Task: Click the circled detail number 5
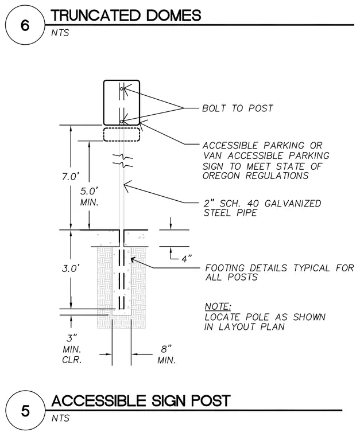pyautogui.click(x=25, y=411)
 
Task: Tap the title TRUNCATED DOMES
pyautogui.click(x=126, y=15)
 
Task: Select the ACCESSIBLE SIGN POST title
pyautogui.click(x=141, y=400)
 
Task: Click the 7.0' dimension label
pyautogui.click(x=71, y=176)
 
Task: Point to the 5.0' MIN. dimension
pyautogui.click(x=90, y=197)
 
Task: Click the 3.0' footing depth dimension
pyautogui.click(x=71, y=268)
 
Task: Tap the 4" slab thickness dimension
pyautogui.click(x=187, y=259)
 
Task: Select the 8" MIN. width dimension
pyautogui.click(x=167, y=355)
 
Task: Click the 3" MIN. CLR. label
pyautogui.click(x=72, y=349)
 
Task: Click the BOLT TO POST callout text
pyautogui.click(x=238, y=108)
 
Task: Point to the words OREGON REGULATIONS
pyautogui.click(x=256, y=176)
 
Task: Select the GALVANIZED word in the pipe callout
pyautogui.click(x=293, y=204)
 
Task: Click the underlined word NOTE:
pyautogui.click(x=218, y=306)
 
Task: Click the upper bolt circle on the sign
pyautogui.click(x=122, y=89)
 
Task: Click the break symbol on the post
pyautogui.click(x=122, y=161)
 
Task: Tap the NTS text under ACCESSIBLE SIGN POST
pyautogui.click(x=60, y=418)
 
